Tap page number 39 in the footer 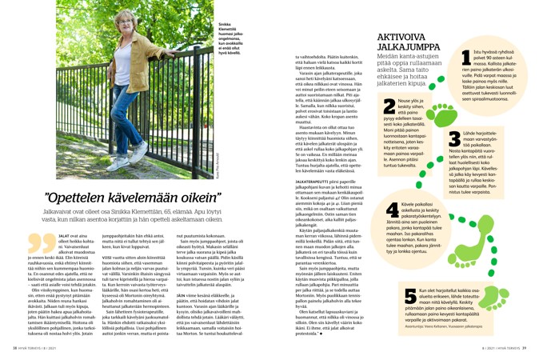click(x=527, y=350)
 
